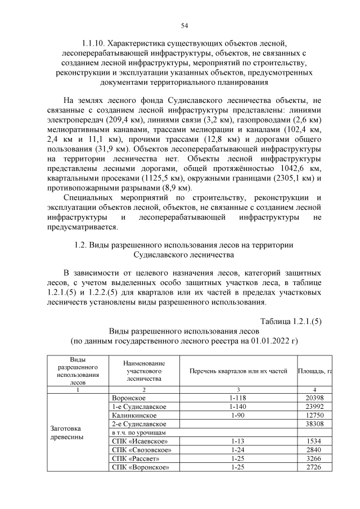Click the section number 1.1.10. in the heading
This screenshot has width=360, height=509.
pyautogui.click(x=92, y=43)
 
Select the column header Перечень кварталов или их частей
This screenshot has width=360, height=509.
pyautogui.click(x=238, y=371)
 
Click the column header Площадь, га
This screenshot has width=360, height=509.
pyautogui.click(x=314, y=371)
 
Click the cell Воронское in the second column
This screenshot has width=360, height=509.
pyautogui.click(x=129, y=398)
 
